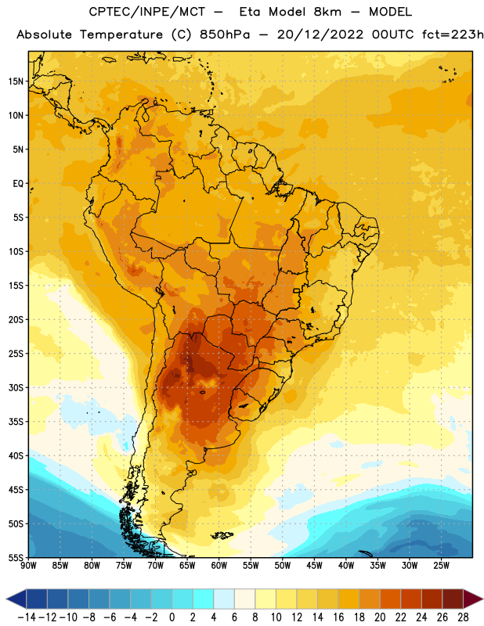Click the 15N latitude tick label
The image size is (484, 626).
coord(16,81)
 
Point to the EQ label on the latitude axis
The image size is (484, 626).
coord(18,184)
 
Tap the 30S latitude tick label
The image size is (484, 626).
coord(16,387)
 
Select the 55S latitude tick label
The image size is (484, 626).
coord(16,558)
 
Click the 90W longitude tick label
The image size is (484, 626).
coord(28,566)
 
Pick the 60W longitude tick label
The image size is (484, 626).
coord(219,566)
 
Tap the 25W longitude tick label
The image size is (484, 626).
coord(441,566)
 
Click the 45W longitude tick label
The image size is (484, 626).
coord(314,566)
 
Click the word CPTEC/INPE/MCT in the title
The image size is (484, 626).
coord(146,13)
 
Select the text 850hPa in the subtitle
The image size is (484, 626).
coord(225,34)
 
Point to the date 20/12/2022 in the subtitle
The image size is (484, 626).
coord(320,34)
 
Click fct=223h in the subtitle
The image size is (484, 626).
coord(453,34)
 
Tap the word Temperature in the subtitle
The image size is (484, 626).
coord(121,35)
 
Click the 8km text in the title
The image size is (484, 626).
coord(327,12)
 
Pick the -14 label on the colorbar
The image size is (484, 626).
coord(27,617)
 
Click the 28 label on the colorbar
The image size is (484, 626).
coord(463,617)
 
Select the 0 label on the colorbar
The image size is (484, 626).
coord(172,617)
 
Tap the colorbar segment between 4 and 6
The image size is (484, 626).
coord(224,599)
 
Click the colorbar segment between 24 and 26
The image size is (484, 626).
coord(432,599)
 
